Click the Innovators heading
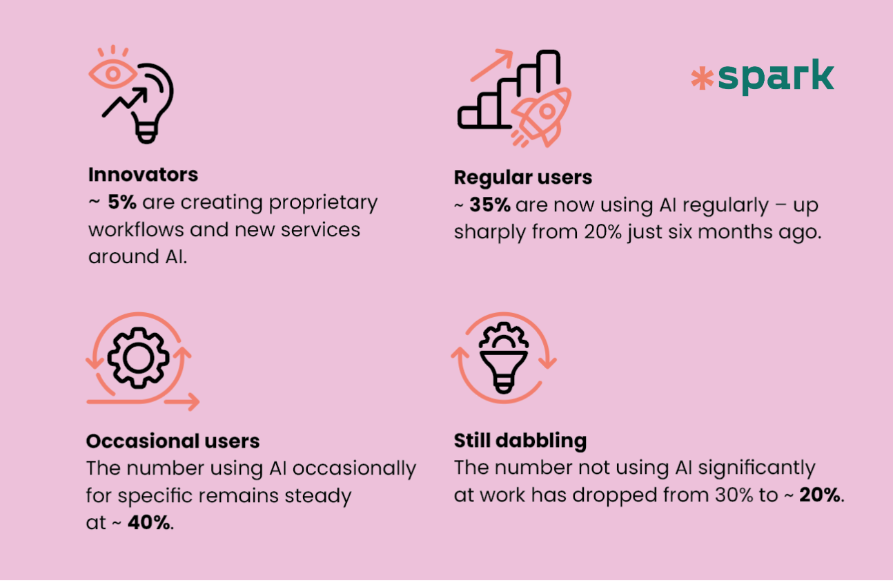click(143, 175)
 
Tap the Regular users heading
click(523, 178)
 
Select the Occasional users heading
click(173, 441)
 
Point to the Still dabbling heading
click(520, 441)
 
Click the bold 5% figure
click(122, 202)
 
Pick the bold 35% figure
click(490, 205)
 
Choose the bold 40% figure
click(148, 523)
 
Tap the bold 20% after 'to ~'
click(821, 495)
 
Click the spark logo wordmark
click(776, 77)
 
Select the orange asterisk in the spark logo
click(702, 78)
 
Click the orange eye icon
click(112, 74)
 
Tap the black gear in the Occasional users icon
click(138, 358)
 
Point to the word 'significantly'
click(756, 468)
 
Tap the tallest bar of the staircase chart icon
click(549, 68)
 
